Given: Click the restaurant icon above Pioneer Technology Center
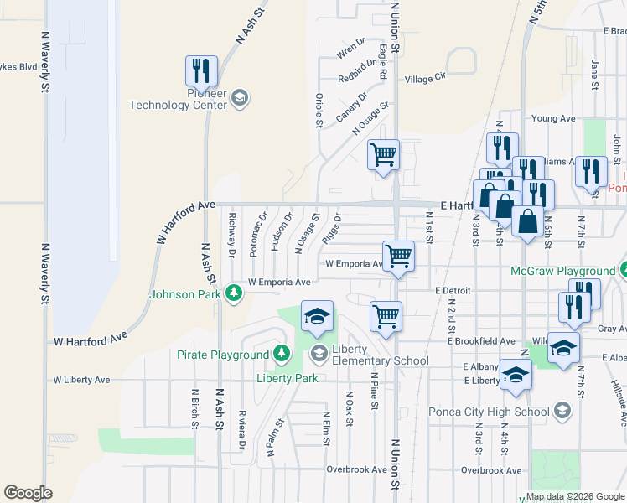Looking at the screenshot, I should click(x=201, y=70).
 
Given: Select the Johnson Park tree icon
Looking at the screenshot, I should click(x=234, y=293).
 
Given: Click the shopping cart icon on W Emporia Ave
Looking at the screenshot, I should click(x=398, y=257).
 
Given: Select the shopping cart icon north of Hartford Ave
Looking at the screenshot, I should click(x=384, y=154).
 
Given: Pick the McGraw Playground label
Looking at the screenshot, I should click(x=562, y=272).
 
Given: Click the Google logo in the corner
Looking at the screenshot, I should click(x=28, y=493).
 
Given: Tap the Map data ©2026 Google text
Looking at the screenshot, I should click(x=575, y=496).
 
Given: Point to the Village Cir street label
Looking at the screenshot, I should click(x=426, y=79).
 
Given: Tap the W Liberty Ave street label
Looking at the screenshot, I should click(x=81, y=380).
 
